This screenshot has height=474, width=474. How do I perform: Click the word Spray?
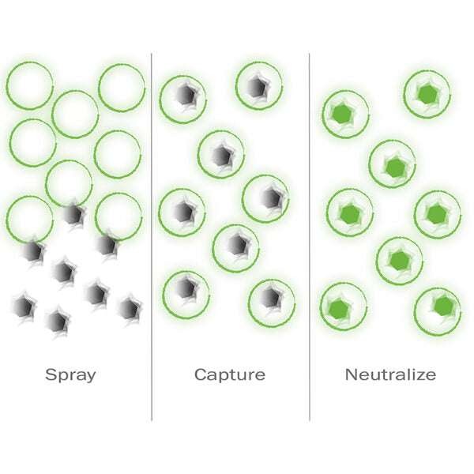pyautogui.click(x=71, y=374)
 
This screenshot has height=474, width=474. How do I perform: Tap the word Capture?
pyautogui.click(x=230, y=374)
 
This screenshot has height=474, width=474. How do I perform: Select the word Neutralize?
pyautogui.click(x=390, y=374)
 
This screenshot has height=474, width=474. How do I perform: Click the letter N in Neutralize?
pyautogui.click(x=351, y=374)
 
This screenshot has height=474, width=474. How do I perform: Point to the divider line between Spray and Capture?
pyautogui.click(x=152, y=237)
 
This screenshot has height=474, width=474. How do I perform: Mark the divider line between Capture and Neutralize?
pyautogui.click(x=310, y=237)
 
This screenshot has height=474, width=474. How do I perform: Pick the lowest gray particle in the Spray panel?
pyautogui.click(x=58, y=320)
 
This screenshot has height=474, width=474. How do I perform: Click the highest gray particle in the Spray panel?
pyautogui.click(x=73, y=213)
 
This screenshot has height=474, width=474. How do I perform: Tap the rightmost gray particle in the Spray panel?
pyautogui.click(x=129, y=307)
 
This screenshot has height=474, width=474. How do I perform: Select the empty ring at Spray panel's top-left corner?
pyautogui.click(x=30, y=85)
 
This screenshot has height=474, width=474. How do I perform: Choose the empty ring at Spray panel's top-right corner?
pyautogui.click(x=122, y=87)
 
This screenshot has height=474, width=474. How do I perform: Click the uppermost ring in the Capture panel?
pyautogui.click(x=259, y=85)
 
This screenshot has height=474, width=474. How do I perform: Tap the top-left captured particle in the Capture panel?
pyautogui.click(x=186, y=95)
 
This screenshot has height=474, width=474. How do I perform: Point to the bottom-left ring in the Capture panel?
pyautogui.click(x=186, y=294)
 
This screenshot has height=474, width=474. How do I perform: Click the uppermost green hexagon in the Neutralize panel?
pyautogui.click(x=427, y=94)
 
